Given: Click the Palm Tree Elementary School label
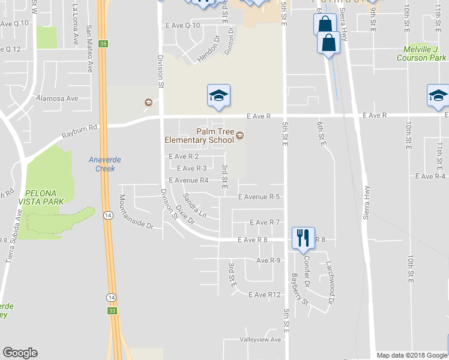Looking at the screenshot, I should click(199, 136).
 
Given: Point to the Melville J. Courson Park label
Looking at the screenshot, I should click(421, 55).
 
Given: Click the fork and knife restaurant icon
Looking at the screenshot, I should click(302, 238).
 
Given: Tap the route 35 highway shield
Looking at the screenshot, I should click(104, 44).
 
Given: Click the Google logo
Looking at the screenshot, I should click(20, 353).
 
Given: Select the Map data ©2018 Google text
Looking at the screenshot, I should click(412, 355).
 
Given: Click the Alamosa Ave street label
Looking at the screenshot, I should click(57, 98).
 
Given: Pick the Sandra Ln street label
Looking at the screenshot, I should click(194, 205).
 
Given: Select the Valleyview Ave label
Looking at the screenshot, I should click(261, 340).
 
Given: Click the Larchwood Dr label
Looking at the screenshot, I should click(330, 274).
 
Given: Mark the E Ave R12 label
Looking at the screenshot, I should click(266, 294).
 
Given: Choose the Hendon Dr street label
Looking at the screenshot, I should click(209, 45).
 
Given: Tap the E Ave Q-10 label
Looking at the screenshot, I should click(183, 25).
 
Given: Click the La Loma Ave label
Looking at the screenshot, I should click(75, 25).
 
